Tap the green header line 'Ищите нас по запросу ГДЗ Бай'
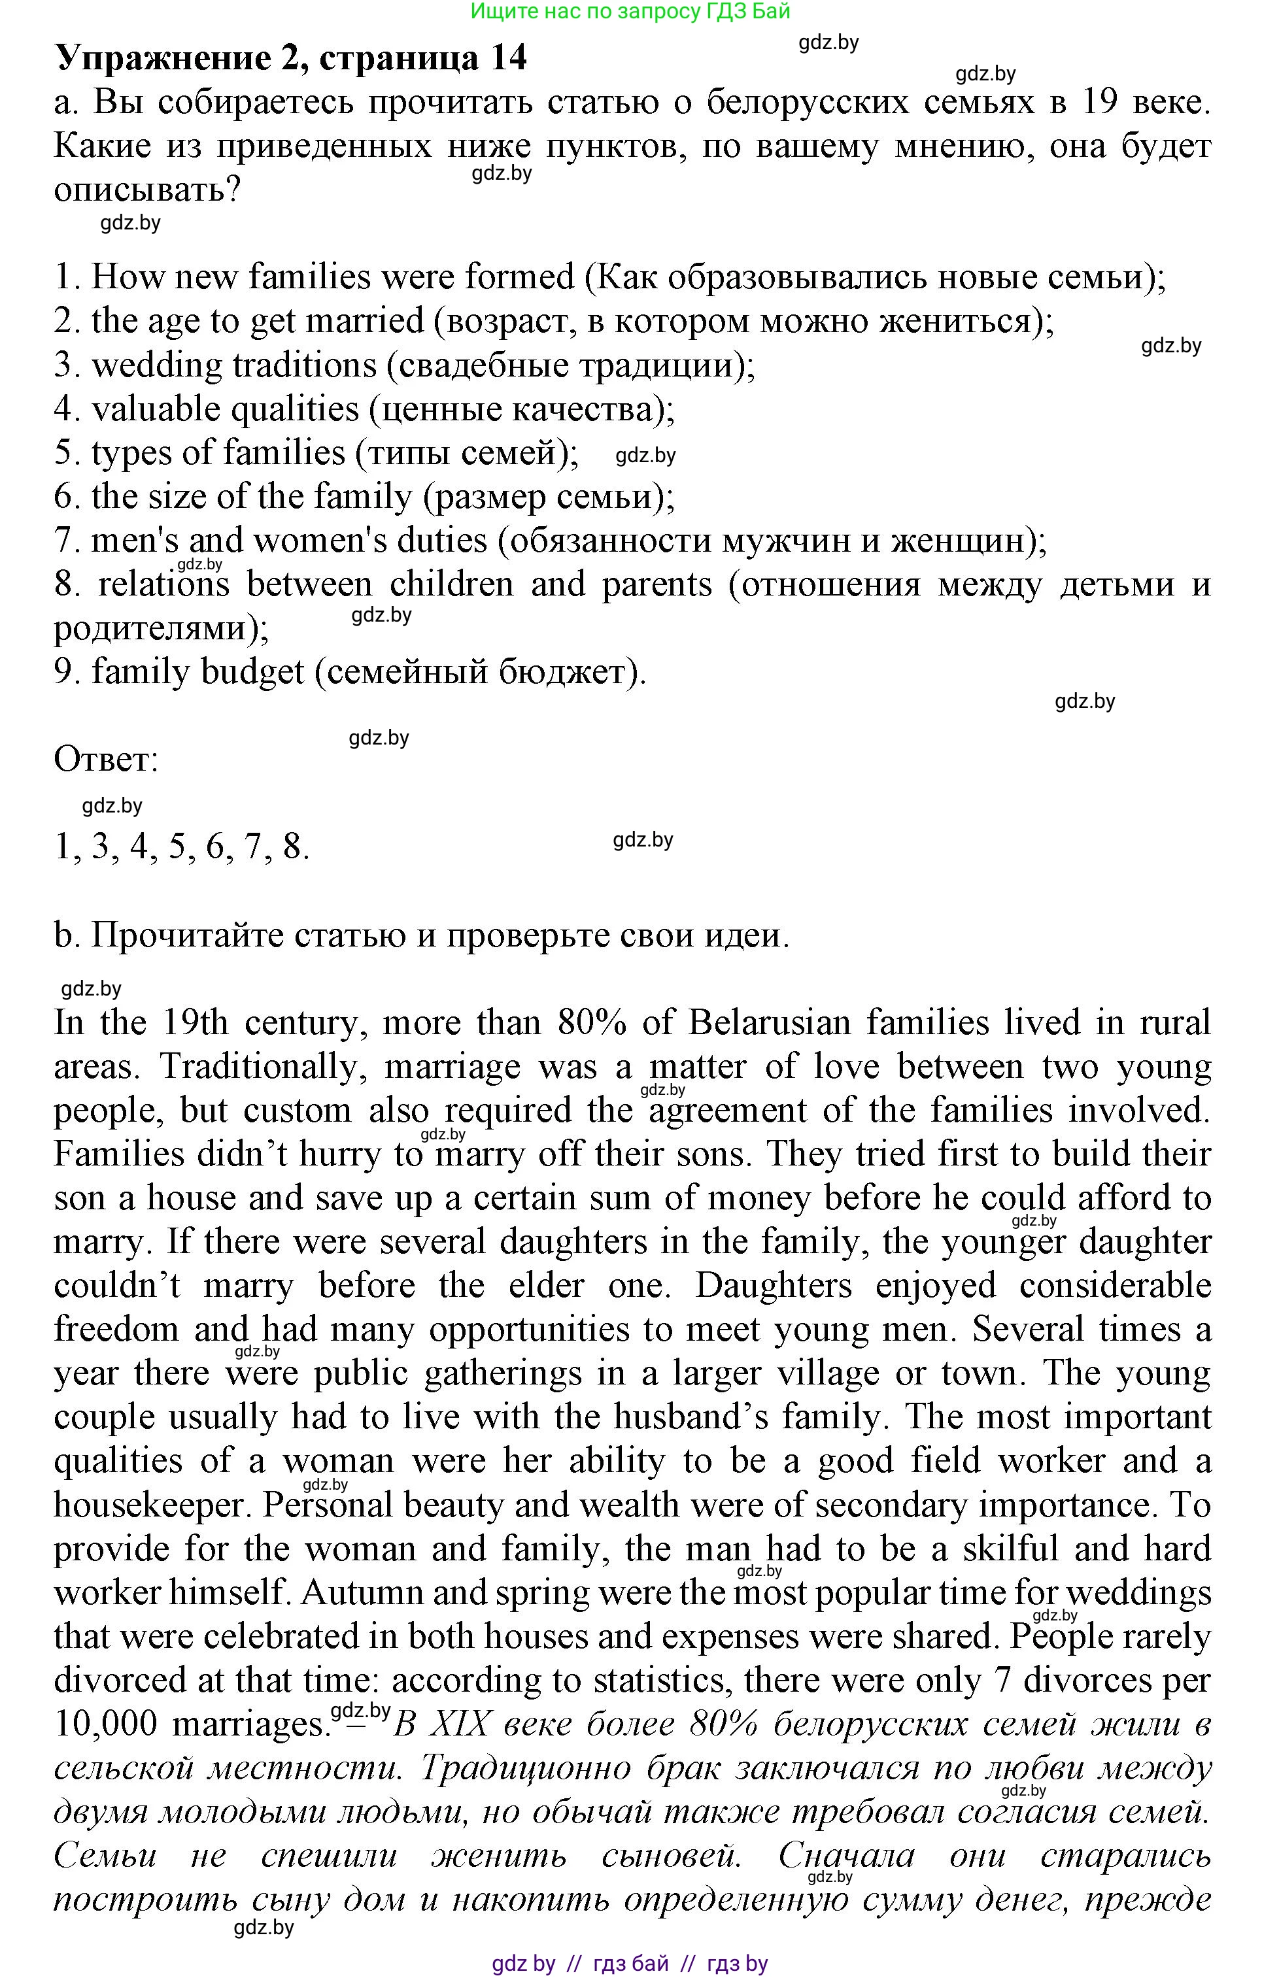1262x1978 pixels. tap(630, 12)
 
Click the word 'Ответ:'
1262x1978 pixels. tap(105, 759)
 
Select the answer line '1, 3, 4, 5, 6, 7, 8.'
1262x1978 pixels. tap(182, 846)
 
